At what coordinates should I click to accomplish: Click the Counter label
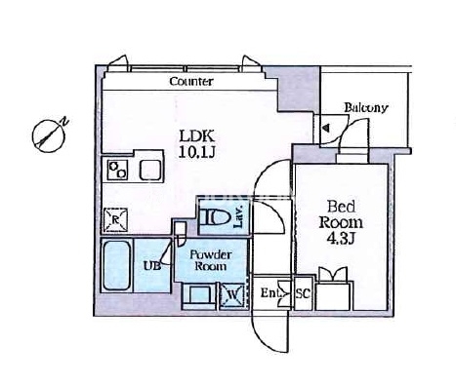[191, 81]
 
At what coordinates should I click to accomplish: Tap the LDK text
[197, 135]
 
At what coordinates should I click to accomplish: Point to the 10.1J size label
[196, 152]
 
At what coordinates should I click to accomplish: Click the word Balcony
[366, 108]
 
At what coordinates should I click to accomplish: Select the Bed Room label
[341, 214]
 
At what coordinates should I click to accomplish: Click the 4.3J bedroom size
[341, 239]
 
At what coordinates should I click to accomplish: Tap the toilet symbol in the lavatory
[213, 216]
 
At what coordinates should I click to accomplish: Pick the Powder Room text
[211, 260]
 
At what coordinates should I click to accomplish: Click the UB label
[152, 266]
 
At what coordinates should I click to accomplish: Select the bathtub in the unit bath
[116, 266]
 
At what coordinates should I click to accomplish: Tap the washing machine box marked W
[232, 295]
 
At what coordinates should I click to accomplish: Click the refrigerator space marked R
[115, 220]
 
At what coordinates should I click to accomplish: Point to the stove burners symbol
[117, 171]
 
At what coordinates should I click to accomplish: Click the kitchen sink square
[149, 170]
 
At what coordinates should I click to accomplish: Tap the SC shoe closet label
[303, 293]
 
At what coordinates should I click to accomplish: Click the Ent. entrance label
[270, 293]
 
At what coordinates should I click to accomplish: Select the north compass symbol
[49, 135]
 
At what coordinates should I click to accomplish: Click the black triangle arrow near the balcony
[326, 128]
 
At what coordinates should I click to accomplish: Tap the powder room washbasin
[199, 295]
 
